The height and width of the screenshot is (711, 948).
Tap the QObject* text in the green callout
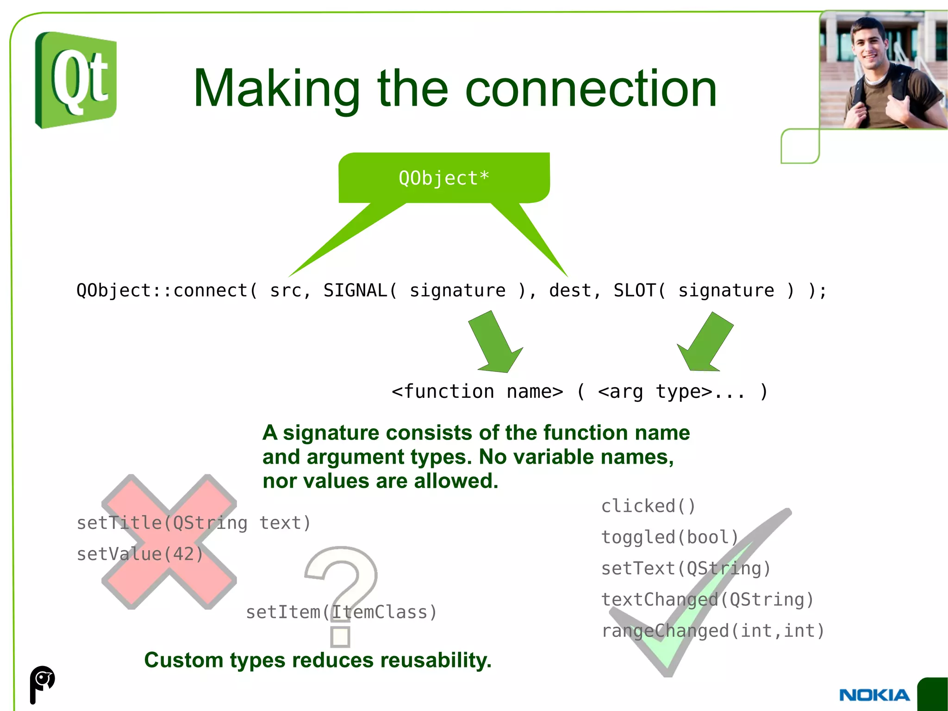pyautogui.click(x=443, y=178)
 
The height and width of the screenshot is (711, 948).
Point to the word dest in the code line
pyautogui.click(x=570, y=290)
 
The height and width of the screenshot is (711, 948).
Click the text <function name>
pyautogui.click(x=477, y=392)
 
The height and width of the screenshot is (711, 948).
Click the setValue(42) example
pyautogui.click(x=140, y=554)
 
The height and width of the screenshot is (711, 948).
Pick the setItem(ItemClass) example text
pyautogui.click(x=341, y=612)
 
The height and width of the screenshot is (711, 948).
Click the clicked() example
pyautogui.click(x=648, y=506)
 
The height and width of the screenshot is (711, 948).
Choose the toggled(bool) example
pyautogui.click(x=669, y=537)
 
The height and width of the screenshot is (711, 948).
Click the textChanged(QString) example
pyautogui.click(x=707, y=600)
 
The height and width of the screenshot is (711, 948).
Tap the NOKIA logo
pyautogui.click(x=874, y=695)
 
